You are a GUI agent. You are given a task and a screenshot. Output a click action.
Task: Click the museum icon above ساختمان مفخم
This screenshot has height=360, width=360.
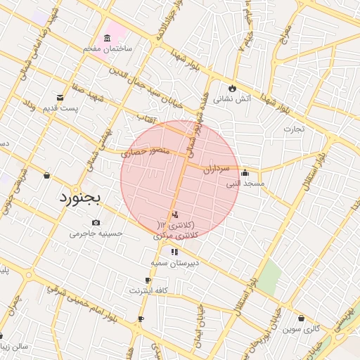tap(107, 37)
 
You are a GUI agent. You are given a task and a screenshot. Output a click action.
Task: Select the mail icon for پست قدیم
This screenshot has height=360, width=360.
tap(60, 97)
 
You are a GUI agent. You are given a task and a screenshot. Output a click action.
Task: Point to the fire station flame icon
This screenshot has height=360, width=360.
tap(230, 88)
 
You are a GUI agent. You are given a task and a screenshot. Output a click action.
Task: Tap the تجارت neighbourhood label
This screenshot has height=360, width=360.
tap(292, 129)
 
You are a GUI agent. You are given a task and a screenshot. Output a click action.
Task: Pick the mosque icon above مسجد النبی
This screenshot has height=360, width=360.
tap(245, 173)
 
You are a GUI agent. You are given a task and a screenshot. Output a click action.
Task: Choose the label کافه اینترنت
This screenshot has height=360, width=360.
tap(147, 290)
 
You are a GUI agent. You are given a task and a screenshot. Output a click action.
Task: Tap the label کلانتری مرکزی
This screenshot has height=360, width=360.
tap(176, 236)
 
